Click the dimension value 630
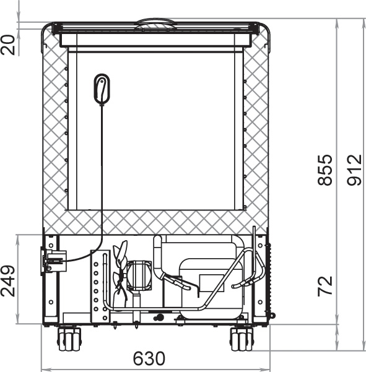[x=149, y=358]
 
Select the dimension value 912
[x=354, y=170]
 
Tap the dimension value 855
[x=325, y=170]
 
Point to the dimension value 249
[x=8, y=281]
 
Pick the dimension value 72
[x=325, y=286]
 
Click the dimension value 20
[x=8, y=45]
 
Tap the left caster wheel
[x=69, y=339]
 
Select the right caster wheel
[x=242, y=339]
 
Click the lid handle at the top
[x=156, y=24]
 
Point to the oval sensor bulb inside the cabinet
[x=102, y=89]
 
